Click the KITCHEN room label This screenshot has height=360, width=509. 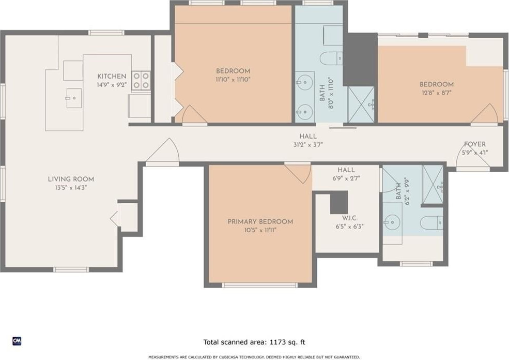[x=112, y=77]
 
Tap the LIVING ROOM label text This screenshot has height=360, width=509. [x=71, y=179]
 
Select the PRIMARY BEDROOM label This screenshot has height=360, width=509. [x=260, y=222]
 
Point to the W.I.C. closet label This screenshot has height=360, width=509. [x=350, y=218]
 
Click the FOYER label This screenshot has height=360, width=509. [x=475, y=144]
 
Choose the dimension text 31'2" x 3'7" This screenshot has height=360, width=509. [x=308, y=145]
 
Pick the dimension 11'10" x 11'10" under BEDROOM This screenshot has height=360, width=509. [x=233, y=79]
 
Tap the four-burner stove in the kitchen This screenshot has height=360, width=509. [x=141, y=81]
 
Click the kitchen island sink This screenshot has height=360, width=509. [x=74, y=98]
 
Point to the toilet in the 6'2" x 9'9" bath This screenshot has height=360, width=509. [x=431, y=223]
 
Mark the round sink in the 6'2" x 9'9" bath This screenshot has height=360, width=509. [x=392, y=222]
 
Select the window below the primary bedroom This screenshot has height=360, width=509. [x=260, y=286]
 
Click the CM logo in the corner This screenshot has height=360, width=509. [x=17, y=341]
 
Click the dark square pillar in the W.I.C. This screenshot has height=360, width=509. [x=339, y=202]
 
